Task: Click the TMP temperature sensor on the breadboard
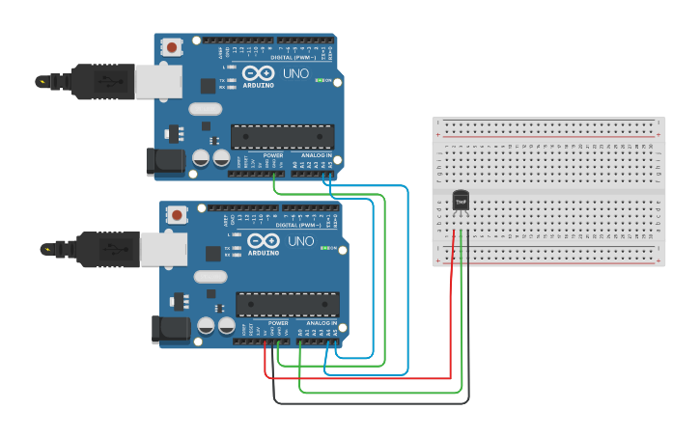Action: coord(461,201)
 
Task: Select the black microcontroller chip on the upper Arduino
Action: coord(282,136)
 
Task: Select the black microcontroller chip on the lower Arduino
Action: coord(288,304)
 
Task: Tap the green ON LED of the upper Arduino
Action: coord(321,80)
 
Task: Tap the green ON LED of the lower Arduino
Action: coord(326,248)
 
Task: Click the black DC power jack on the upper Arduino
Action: coord(163,161)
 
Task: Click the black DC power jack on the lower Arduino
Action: coord(170,329)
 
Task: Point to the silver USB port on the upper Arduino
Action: coord(157,82)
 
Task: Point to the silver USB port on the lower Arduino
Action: coord(163,249)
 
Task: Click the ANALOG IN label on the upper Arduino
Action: coord(317,155)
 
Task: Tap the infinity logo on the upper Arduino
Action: coord(259,73)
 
